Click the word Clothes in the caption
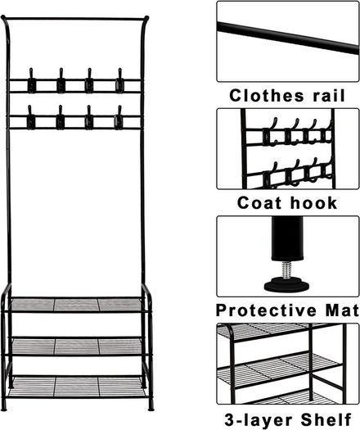click(267, 96)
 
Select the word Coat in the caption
click(259, 203)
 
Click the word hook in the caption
click(313, 203)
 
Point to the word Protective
click(266, 310)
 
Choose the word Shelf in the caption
click(326, 419)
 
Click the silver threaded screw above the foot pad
click(287, 269)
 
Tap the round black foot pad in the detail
click(287, 285)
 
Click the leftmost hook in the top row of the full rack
click(32, 81)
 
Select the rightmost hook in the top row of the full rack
click(119, 81)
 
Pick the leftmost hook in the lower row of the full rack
click(31, 117)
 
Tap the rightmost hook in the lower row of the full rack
click(119, 118)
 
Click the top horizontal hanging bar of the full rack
click(75, 19)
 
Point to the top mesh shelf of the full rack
click(76, 305)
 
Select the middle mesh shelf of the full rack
click(77, 346)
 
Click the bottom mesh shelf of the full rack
click(77, 387)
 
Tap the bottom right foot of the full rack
click(151, 406)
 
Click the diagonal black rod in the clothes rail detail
click(288, 38)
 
